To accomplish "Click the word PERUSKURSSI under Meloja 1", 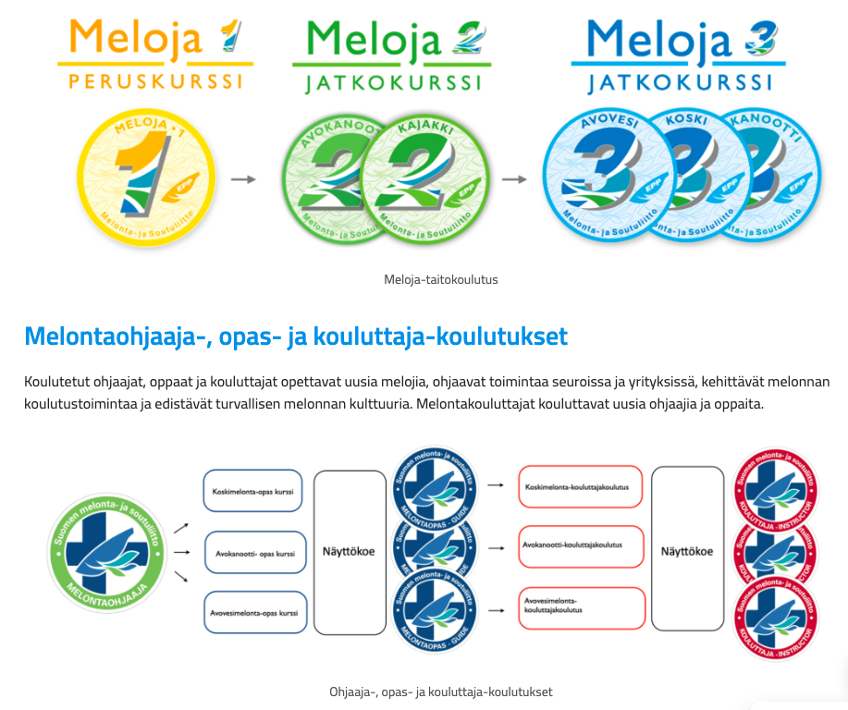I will pos(155,80).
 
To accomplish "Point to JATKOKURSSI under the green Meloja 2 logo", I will pos(393,83).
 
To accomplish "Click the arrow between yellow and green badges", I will pos(242,179).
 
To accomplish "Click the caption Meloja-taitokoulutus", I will pos(441,279).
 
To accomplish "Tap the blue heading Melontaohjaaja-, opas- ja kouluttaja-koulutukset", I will pos(296,336).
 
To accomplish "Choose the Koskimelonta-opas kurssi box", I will pos(253,491).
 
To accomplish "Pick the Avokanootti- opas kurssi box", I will pos(253,553).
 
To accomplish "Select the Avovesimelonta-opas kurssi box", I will pos(253,612).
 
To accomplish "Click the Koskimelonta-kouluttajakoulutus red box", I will pos(581,486).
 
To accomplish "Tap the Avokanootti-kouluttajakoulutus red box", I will pos(581,546).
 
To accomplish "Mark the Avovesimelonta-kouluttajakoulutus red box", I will pos(581,607).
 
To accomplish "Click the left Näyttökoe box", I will pos(350,552).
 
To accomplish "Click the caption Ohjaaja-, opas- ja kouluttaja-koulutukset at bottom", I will pos(441,692).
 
